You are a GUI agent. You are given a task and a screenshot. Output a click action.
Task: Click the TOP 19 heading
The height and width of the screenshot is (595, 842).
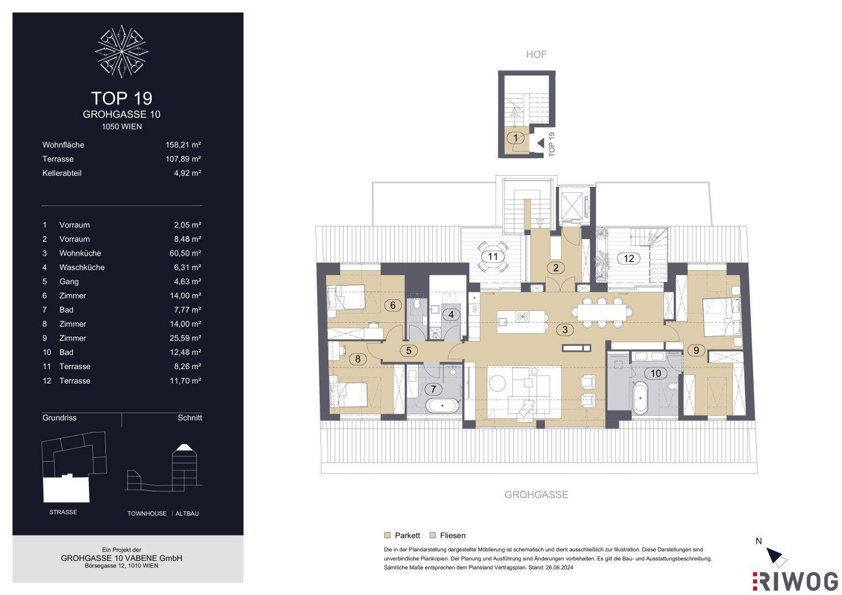pyautogui.click(x=122, y=99)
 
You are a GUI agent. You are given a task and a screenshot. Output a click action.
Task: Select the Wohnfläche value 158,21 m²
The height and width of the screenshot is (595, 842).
pyautogui.click(x=183, y=144)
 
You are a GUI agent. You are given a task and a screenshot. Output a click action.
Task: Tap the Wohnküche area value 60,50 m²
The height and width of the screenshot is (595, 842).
pyautogui.click(x=185, y=253)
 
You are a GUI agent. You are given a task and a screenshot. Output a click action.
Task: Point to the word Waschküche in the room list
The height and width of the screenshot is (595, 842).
pyautogui.click(x=82, y=267)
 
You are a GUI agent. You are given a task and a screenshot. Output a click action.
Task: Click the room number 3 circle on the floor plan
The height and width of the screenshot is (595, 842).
pyautogui.click(x=565, y=330)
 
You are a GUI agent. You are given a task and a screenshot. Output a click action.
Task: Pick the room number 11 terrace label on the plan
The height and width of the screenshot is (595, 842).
pyautogui.click(x=493, y=257)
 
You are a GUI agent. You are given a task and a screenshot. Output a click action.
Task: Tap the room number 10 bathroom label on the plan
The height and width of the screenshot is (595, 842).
pyautogui.click(x=656, y=373)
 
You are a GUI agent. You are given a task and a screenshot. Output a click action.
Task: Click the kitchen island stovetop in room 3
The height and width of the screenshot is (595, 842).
pyautogui.click(x=523, y=316)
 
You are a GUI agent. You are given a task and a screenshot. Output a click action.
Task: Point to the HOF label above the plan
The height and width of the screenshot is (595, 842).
pyautogui.click(x=536, y=55)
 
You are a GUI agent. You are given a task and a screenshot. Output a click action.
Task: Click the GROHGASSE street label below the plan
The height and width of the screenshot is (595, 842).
pyautogui.click(x=536, y=494)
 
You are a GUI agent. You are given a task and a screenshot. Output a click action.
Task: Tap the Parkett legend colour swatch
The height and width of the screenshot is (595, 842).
pyautogui.click(x=387, y=535)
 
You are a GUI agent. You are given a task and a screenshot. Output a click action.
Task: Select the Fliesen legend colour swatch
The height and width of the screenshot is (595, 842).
pyautogui.click(x=433, y=535)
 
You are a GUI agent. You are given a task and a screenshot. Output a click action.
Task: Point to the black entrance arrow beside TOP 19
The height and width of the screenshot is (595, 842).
pyautogui.click(x=540, y=143)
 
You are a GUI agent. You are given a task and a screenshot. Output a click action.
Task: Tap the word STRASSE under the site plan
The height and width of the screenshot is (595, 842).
pyautogui.click(x=63, y=512)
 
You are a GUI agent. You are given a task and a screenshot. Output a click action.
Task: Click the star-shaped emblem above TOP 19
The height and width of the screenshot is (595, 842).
pyautogui.click(x=121, y=51)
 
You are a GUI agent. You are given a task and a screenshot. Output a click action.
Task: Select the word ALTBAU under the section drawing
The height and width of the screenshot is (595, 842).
pyautogui.click(x=187, y=513)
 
